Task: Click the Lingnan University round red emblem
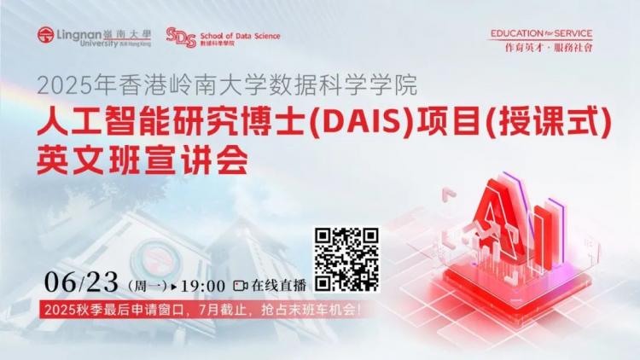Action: (46, 35)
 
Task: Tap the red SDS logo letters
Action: (181, 38)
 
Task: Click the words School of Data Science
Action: (240, 36)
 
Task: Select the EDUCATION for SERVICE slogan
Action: (541, 33)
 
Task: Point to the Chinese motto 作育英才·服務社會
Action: (549, 48)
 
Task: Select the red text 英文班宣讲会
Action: (143, 160)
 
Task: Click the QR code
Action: (346, 259)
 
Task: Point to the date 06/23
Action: (81, 282)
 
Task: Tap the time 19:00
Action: (203, 286)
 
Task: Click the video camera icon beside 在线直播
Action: (240, 286)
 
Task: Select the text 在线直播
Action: (279, 286)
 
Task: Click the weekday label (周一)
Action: (148, 286)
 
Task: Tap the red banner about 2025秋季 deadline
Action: (201, 310)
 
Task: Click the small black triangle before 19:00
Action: (174, 287)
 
